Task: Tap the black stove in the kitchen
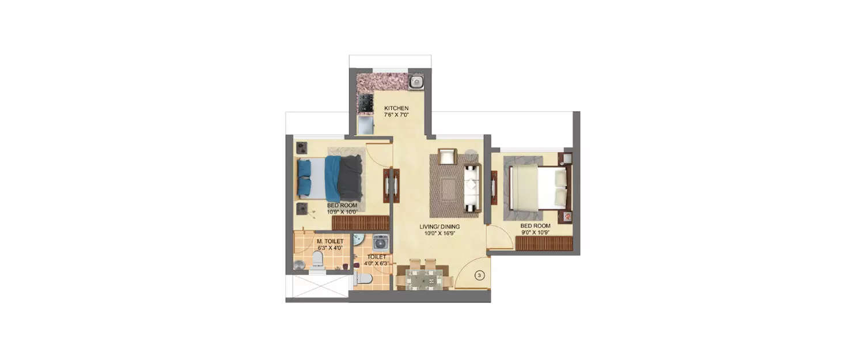[x=363, y=104]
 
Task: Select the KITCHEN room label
[x=396, y=108]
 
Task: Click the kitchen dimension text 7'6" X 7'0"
[x=396, y=115]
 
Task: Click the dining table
[x=427, y=280]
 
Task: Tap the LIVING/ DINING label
[x=439, y=227]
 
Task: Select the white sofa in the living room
[x=472, y=187]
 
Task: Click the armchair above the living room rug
[x=446, y=156]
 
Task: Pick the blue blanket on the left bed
[x=332, y=178]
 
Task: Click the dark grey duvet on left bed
[x=350, y=178]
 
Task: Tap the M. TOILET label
[x=329, y=241]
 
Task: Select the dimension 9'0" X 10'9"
[x=535, y=233]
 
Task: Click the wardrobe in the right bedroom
[x=544, y=244]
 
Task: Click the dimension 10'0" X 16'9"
[x=439, y=234]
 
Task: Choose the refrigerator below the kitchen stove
[x=365, y=125]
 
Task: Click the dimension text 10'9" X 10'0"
[x=342, y=211]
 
